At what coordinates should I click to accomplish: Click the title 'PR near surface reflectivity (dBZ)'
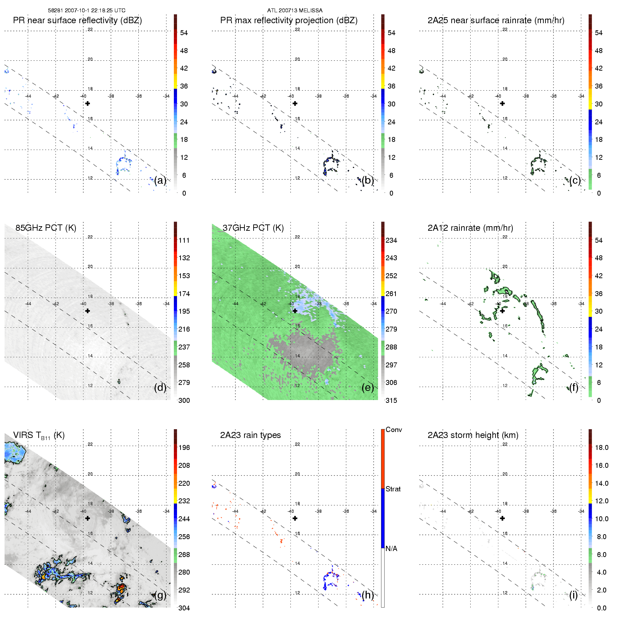(77, 20)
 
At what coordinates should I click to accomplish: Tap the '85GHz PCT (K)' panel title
(46, 228)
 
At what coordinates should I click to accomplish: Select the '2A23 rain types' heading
(250, 435)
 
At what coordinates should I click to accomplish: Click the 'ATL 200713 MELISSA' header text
(295, 11)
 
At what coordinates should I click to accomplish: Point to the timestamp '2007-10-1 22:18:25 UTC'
(95, 11)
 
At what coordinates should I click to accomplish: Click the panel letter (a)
(160, 180)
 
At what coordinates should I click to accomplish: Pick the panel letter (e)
(367, 387)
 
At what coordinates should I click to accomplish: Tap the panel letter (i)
(573, 595)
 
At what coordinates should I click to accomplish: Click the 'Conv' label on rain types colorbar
(394, 430)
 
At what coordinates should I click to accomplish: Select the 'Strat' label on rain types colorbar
(393, 489)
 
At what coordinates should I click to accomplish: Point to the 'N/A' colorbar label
(391, 549)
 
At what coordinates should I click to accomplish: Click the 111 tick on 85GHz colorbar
(184, 240)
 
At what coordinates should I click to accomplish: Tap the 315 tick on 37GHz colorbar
(391, 400)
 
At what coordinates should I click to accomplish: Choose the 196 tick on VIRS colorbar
(184, 447)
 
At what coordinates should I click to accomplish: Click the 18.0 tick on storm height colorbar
(602, 447)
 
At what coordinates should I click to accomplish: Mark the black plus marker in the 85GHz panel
(87, 311)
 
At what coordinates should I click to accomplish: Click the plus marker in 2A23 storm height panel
(502, 518)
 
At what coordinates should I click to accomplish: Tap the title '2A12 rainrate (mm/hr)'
(470, 228)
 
